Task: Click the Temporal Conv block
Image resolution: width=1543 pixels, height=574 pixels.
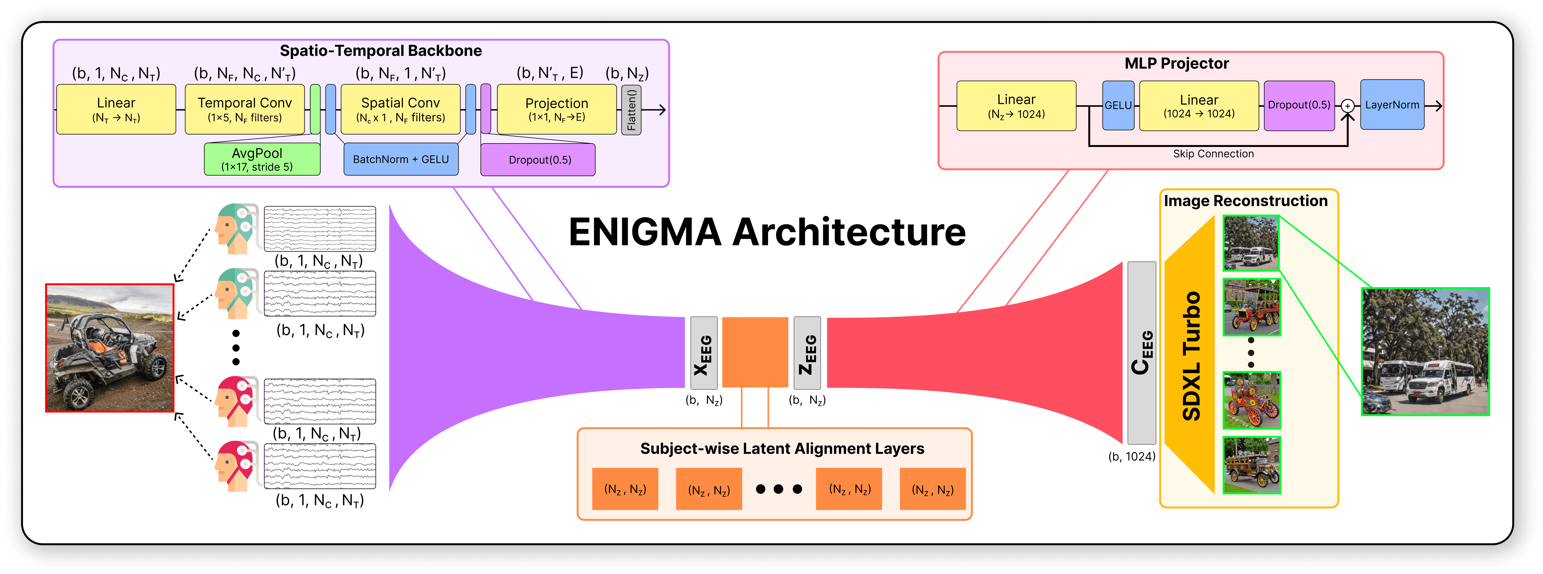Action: pyautogui.click(x=244, y=109)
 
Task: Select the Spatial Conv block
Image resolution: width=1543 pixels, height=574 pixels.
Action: pyautogui.click(x=400, y=109)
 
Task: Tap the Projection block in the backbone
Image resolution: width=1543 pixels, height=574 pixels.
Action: pyautogui.click(x=556, y=109)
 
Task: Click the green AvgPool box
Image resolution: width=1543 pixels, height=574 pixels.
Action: pyautogui.click(x=262, y=159)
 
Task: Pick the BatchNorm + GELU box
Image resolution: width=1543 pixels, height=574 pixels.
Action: pyautogui.click(x=401, y=159)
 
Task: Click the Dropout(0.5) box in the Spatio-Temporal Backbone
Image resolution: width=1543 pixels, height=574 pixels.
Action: pyautogui.click(x=538, y=160)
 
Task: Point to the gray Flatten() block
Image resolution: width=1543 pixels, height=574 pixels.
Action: pyautogui.click(x=631, y=110)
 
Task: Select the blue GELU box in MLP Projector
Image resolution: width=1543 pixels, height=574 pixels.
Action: pyautogui.click(x=1118, y=105)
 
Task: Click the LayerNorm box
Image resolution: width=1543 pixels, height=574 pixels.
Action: pyautogui.click(x=1392, y=105)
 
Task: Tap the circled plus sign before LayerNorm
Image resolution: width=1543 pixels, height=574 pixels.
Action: pyautogui.click(x=1347, y=106)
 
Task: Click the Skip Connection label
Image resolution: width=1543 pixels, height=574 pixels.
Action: pyautogui.click(x=1213, y=154)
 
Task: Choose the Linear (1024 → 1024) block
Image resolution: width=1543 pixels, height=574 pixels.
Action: pyautogui.click(x=1199, y=106)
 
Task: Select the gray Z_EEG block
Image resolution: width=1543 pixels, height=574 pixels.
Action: pyautogui.click(x=807, y=353)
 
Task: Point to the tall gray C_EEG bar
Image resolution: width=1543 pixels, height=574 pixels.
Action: pyautogui.click(x=1141, y=353)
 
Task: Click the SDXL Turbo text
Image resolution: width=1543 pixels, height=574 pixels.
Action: pyautogui.click(x=1191, y=356)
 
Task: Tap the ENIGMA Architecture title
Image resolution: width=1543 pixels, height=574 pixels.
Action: pyautogui.click(x=767, y=232)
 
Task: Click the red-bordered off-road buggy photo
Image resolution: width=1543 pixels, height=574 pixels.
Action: pyautogui.click(x=110, y=348)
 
